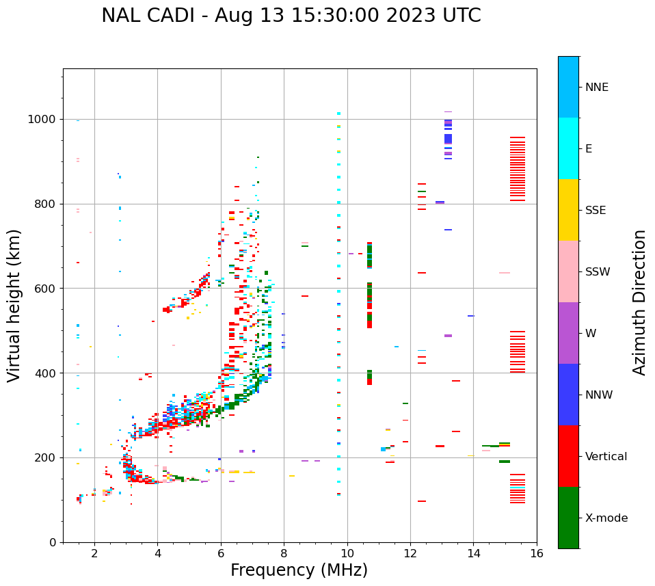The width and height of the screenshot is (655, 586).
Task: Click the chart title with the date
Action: (291, 16)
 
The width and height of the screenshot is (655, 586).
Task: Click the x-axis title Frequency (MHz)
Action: (299, 570)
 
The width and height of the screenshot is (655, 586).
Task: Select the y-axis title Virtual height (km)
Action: (14, 305)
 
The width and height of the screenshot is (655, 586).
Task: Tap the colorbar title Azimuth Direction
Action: (639, 302)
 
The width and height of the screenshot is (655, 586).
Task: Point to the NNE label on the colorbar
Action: (596, 88)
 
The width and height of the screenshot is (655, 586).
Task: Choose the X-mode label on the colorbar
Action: (606, 518)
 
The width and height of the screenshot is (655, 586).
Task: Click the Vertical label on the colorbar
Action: (606, 457)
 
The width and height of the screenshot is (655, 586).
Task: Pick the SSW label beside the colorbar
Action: (598, 272)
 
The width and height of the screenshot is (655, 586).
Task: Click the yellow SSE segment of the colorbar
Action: (568, 210)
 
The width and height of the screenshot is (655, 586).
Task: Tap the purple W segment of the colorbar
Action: (568, 333)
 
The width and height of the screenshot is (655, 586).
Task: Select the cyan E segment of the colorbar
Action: (568, 148)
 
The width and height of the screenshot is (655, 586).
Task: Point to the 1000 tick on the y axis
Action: (44, 120)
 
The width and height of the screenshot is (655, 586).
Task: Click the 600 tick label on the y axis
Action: (47, 289)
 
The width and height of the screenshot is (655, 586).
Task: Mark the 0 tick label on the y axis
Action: (53, 542)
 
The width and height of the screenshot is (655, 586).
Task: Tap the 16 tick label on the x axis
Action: (536, 553)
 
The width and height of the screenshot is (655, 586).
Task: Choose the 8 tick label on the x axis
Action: (284, 553)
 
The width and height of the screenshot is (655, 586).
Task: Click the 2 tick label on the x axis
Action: (94, 553)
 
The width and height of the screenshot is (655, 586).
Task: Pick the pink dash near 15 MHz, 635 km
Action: (505, 273)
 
